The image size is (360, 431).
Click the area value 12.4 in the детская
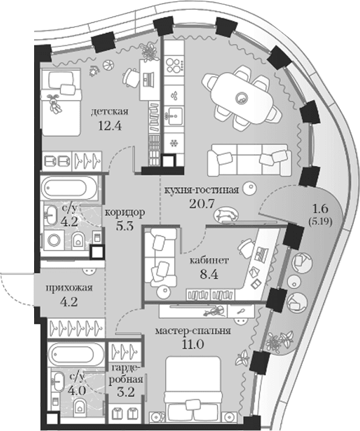110,126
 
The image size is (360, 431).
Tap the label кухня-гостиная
201,190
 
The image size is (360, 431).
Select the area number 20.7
201,204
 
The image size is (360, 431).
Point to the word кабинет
210,260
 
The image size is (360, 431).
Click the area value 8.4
210,274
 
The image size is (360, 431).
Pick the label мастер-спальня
192,330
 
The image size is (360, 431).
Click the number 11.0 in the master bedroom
192,344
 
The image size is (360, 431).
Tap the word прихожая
69,288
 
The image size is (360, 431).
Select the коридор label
125,213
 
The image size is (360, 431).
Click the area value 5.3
125,226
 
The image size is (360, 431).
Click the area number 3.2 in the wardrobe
125,392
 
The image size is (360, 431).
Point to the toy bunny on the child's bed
54,103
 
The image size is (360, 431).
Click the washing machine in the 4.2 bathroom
53,240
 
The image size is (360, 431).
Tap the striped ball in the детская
108,65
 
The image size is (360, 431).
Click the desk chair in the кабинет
245,247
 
